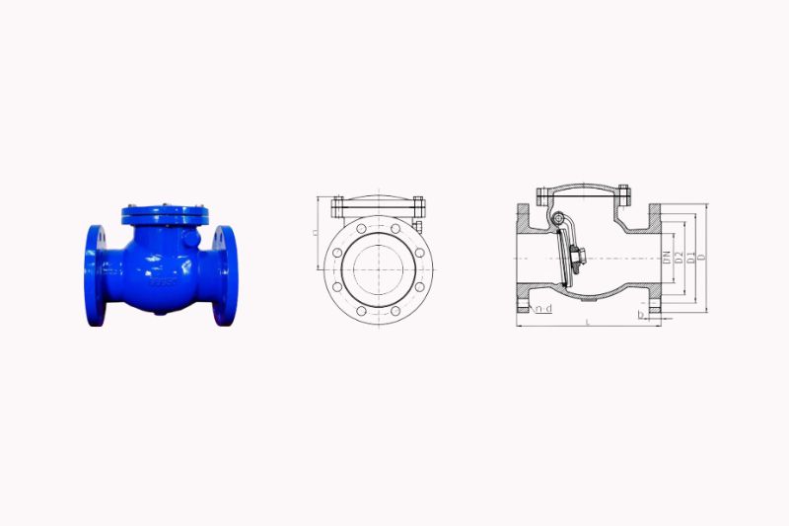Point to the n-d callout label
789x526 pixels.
541,310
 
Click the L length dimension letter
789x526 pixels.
588,322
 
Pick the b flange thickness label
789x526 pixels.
641,316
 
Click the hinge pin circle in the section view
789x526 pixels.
557,220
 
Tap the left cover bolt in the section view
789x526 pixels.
540,196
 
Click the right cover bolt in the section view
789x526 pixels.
623,196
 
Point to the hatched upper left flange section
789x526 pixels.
523,220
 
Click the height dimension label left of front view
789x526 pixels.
314,234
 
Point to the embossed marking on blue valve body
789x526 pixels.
158,281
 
